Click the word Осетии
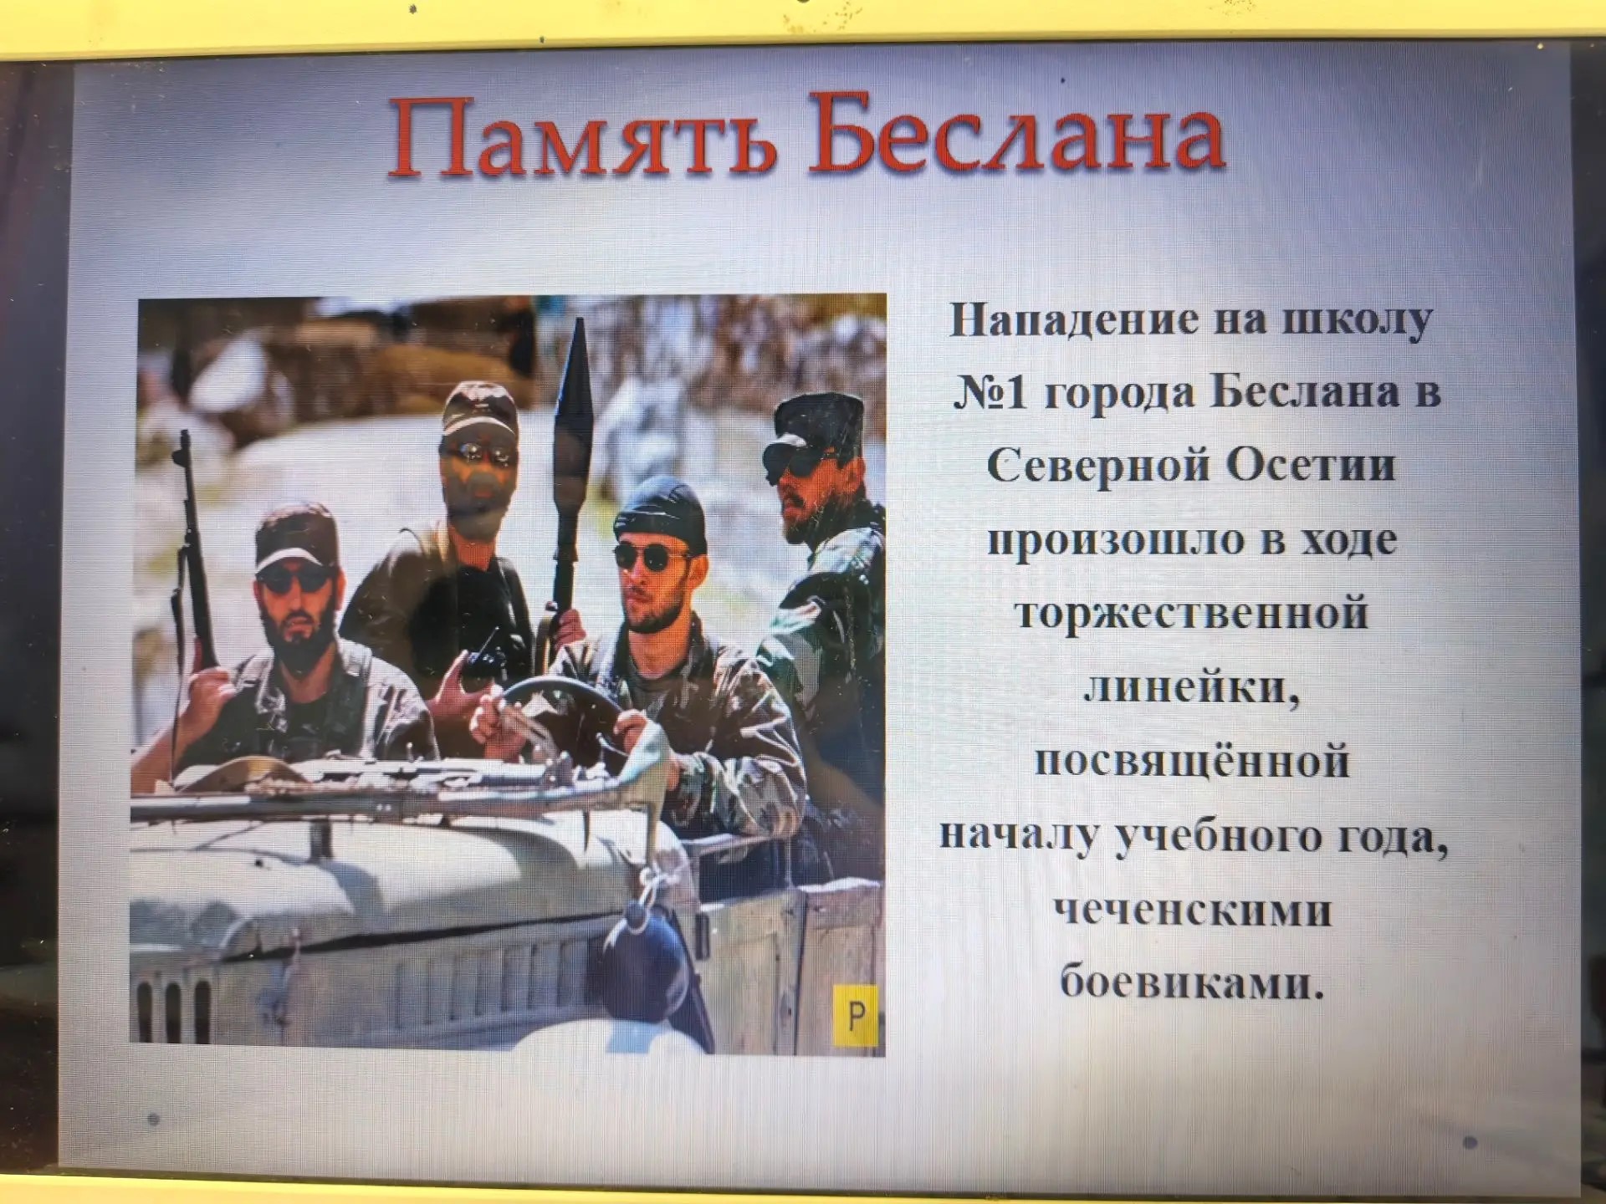pos(1312,467)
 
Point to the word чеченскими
pos(1193,910)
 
